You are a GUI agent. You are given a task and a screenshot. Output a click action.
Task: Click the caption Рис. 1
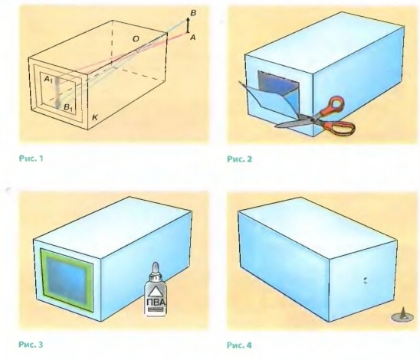coord(31,159)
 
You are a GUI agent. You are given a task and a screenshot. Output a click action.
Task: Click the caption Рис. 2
coord(239,159)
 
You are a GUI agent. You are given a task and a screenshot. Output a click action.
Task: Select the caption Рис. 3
coord(31,344)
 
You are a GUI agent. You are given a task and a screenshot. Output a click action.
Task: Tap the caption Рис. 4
coord(239,345)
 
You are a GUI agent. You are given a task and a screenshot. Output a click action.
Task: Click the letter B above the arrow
coord(193,13)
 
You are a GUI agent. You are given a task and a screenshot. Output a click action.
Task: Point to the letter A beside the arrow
coord(192,38)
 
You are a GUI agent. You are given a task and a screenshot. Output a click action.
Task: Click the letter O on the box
coord(136,39)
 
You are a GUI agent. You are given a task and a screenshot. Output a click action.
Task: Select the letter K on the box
coord(94,117)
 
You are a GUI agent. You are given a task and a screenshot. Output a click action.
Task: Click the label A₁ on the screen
coord(48,79)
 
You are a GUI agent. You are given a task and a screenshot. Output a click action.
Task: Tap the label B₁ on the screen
coord(68,107)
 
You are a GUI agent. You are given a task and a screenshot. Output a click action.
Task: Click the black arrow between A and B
coord(188,25)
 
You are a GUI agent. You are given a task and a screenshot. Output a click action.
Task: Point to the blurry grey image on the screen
coord(57,93)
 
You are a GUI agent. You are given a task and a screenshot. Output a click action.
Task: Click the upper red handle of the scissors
coord(333,105)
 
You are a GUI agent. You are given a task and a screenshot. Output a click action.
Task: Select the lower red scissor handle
coord(340,127)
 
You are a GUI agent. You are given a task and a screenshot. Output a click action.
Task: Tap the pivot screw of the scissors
coord(312,119)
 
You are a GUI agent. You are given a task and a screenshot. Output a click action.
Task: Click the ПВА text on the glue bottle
coord(156,303)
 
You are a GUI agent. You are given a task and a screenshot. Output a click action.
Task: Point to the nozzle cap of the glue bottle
coord(156,267)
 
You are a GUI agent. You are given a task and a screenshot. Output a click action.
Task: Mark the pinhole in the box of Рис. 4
coord(365,280)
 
